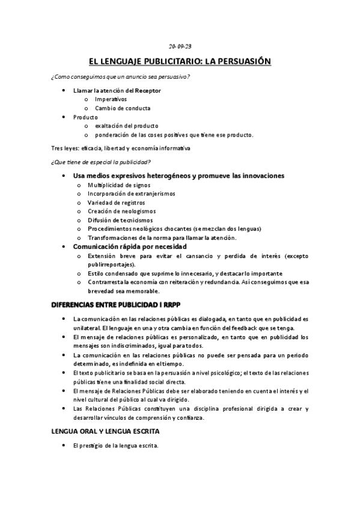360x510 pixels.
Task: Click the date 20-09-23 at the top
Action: pyautogui.click(x=180, y=46)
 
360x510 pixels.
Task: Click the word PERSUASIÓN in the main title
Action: pyautogui.click(x=241, y=61)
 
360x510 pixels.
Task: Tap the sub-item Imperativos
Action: pyautogui.click(x=111, y=99)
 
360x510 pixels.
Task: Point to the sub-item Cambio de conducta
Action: pyautogui.click(x=123, y=108)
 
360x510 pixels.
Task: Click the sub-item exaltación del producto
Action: pyautogui.click(x=126, y=126)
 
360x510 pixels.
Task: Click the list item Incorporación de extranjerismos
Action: pyautogui.click(x=132, y=194)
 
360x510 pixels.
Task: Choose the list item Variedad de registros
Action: pyautogui.click(x=116, y=203)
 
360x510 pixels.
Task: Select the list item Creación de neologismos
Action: pyautogui.click(x=121, y=211)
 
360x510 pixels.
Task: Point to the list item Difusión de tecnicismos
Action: pyautogui.click(x=120, y=220)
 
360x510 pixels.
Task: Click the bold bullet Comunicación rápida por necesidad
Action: pyautogui.click(x=129, y=247)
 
